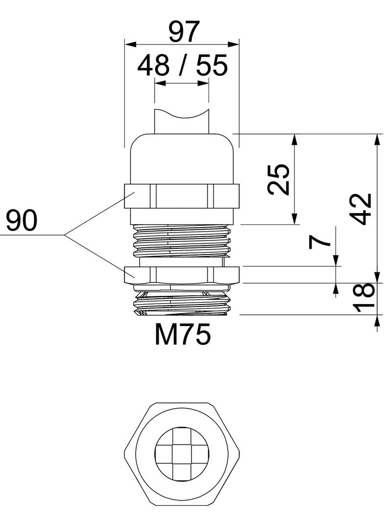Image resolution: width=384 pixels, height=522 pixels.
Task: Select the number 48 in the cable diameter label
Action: click(x=153, y=66)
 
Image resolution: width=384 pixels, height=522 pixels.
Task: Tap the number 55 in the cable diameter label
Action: click(x=212, y=66)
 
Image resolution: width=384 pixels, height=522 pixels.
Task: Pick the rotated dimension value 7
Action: click(x=321, y=242)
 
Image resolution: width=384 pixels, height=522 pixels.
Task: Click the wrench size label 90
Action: click(x=22, y=221)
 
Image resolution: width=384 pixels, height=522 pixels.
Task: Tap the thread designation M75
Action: click(x=183, y=335)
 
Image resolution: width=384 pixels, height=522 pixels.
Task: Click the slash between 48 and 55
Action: click(x=182, y=66)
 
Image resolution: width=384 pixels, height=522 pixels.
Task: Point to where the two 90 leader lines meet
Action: click(x=65, y=236)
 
